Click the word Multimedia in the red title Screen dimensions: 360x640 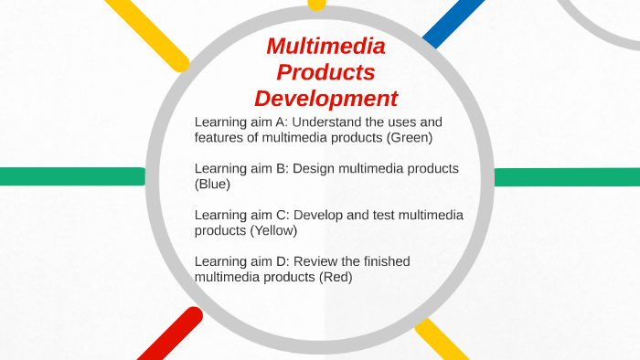[x=325, y=47]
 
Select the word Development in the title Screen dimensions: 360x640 [x=325, y=98]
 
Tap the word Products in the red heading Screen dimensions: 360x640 [x=325, y=72]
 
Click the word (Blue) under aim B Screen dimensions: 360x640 [x=212, y=185]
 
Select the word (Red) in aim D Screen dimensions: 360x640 [x=336, y=277]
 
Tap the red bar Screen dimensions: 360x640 [x=170, y=335]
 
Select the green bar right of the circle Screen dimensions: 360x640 [x=567, y=177]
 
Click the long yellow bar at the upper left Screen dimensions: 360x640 [x=146, y=33]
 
